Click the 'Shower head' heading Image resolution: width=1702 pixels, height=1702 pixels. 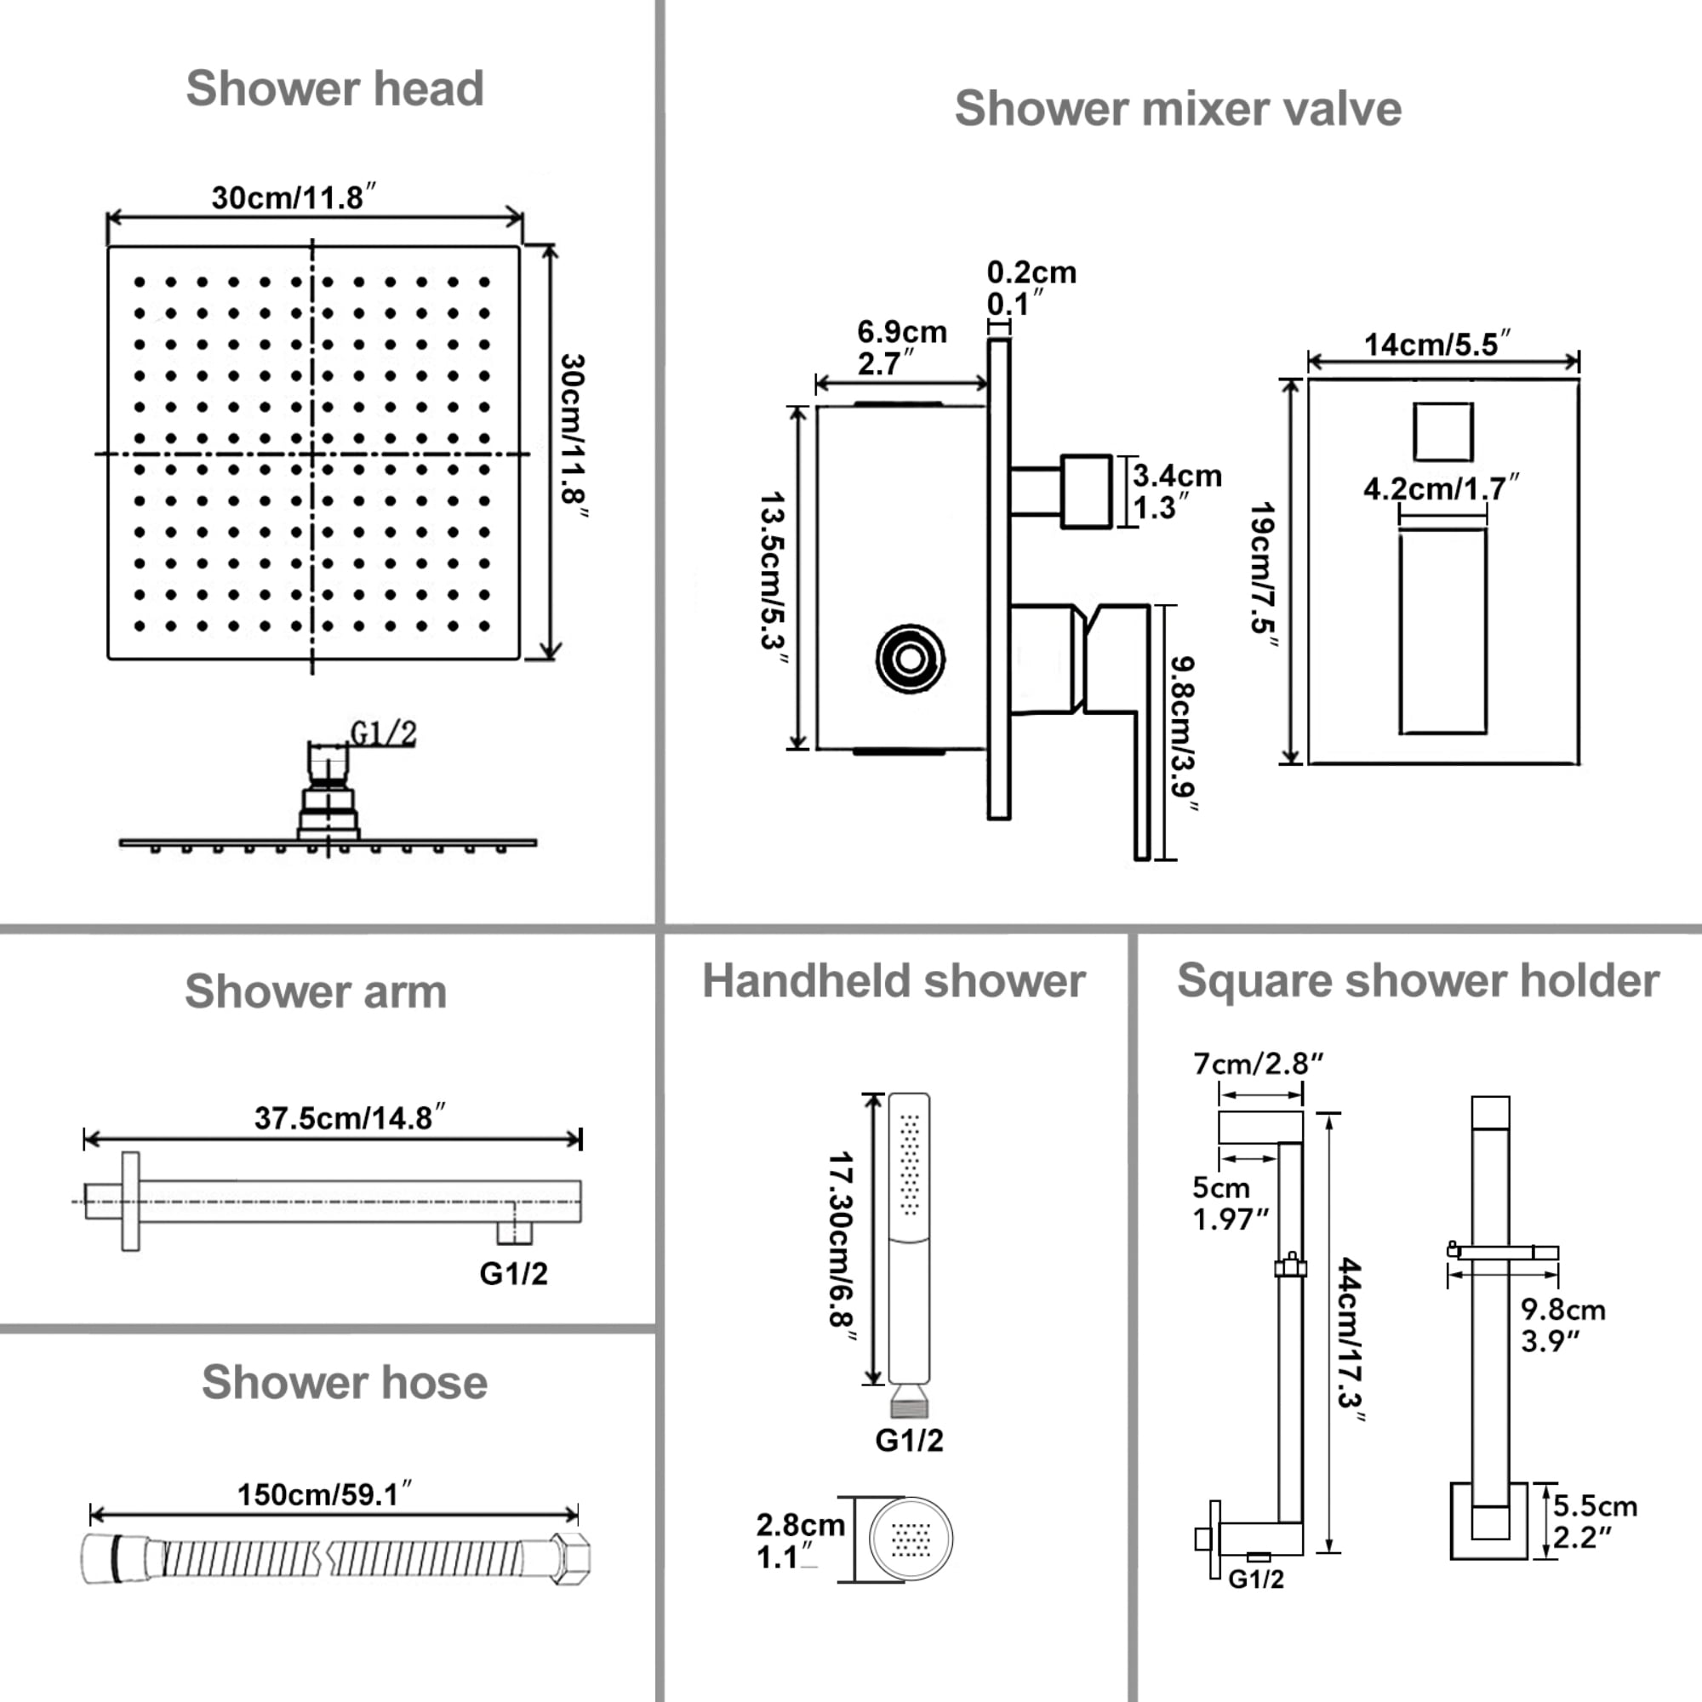click(x=334, y=89)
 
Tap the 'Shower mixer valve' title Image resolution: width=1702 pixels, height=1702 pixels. click(x=1178, y=109)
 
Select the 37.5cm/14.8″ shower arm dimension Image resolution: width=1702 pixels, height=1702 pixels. click(x=350, y=1118)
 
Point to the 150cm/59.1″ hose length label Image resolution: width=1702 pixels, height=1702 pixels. click(x=324, y=1494)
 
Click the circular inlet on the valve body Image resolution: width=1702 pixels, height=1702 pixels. click(x=910, y=659)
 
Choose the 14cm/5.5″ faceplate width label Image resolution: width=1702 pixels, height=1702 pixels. click(x=1436, y=345)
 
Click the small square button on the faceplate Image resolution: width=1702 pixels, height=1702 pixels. click(x=1443, y=431)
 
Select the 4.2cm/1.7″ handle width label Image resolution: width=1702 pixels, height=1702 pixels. click(x=1441, y=488)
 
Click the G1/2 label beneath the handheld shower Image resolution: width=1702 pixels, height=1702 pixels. click(x=909, y=1441)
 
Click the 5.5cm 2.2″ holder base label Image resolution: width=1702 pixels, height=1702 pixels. click(x=1595, y=1522)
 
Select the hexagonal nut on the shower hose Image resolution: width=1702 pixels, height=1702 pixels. click(x=570, y=1558)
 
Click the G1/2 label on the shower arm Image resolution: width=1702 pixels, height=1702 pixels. click(x=514, y=1274)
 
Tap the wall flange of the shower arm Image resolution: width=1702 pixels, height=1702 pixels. click(x=130, y=1200)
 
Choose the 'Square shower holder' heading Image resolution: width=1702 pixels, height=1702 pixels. click(x=1418, y=981)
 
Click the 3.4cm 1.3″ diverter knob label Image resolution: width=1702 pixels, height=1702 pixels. click(x=1177, y=492)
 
